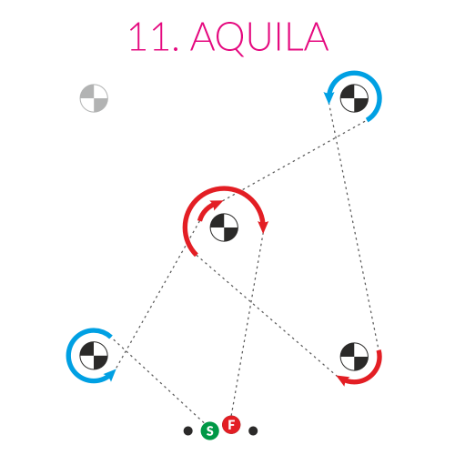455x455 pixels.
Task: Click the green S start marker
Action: [x=209, y=430]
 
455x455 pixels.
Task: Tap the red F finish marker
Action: [x=231, y=425]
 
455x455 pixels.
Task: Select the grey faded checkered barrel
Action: [x=94, y=98]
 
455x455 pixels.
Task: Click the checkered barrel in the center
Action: [x=224, y=227]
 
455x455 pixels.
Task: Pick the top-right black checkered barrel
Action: [x=354, y=98]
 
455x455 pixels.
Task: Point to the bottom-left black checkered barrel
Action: [x=94, y=356]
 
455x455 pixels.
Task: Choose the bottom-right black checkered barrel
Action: [x=354, y=357]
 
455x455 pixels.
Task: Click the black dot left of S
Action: [x=188, y=430]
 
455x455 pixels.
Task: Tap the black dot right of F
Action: [x=253, y=430]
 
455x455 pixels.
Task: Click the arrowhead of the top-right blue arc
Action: [x=329, y=97]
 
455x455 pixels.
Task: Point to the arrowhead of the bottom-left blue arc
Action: [x=110, y=375]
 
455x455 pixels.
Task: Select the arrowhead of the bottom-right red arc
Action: [x=343, y=379]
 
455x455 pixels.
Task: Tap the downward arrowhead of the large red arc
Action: [x=263, y=227]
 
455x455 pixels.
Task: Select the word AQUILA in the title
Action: [x=259, y=37]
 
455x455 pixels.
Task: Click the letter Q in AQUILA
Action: [x=230, y=38]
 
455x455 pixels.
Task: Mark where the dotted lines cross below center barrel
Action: [x=250, y=301]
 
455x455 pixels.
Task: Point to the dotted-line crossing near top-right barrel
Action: [x=335, y=138]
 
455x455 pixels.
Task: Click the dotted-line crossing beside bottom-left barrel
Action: [x=126, y=351]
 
